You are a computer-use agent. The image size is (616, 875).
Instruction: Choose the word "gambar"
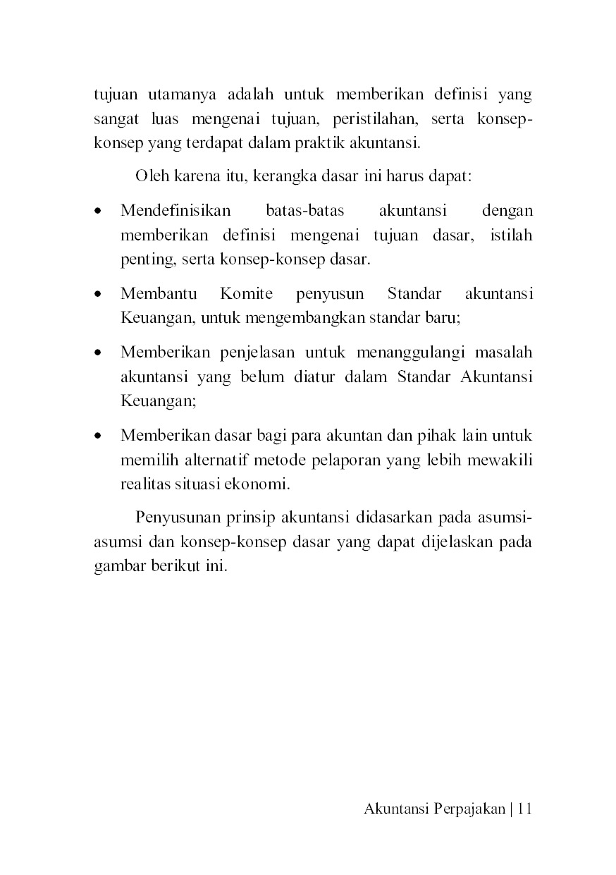(x=118, y=568)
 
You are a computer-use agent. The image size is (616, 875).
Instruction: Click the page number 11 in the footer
(x=523, y=809)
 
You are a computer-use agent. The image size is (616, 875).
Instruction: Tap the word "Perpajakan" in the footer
(x=465, y=809)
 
